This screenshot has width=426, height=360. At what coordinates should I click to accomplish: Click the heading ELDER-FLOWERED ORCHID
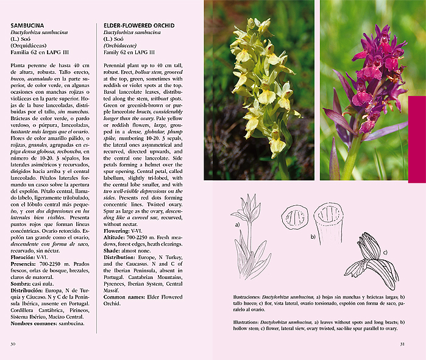click(139, 26)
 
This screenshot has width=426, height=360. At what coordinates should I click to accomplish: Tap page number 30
click(12, 344)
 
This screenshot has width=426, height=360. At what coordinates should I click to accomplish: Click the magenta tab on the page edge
click(417, 139)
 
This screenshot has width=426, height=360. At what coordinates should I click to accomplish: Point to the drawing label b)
click(313, 235)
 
